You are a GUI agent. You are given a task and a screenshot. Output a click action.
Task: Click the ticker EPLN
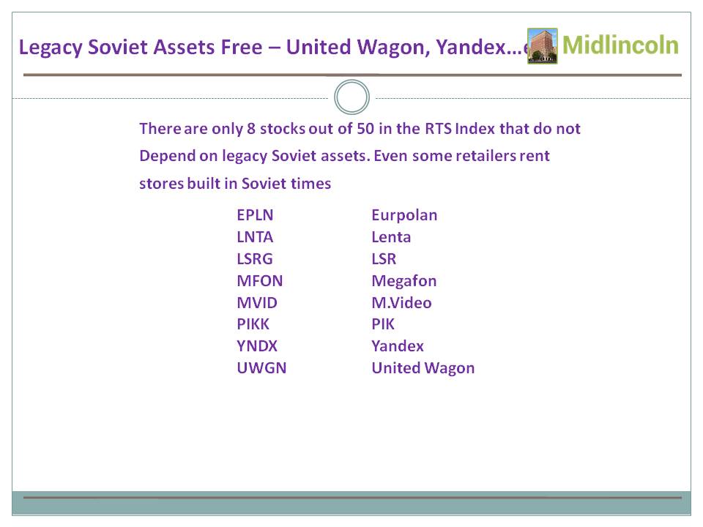click(x=255, y=215)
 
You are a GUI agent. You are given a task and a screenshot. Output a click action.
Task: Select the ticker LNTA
click(x=255, y=237)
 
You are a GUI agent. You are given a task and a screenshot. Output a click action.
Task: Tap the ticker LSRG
click(x=255, y=259)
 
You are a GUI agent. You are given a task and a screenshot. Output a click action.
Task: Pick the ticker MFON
click(x=259, y=281)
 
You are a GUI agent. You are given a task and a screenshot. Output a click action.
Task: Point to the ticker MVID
click(x=257, y=303)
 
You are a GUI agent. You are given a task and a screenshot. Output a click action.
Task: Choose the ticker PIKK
click(x=253, y=324)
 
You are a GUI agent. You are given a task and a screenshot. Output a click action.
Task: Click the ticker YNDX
click(x=257, y=346)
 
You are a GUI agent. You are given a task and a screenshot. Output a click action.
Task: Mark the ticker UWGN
click(x=261, y=368)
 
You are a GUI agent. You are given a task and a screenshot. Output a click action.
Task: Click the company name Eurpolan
click(x=404, y=215)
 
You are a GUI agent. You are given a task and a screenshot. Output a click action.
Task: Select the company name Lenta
click(x=391, y=237)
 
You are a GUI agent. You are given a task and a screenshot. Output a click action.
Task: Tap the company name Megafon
click(x=404, y=281)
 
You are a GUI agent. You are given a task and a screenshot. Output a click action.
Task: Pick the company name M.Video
click(x=401, y=303)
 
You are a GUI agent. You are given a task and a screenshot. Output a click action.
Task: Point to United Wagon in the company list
click(x=423, y=368)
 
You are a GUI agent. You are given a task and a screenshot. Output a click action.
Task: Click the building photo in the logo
click(x=543, y=45)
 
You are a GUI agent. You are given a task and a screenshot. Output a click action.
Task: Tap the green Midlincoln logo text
click(x=620, y=45)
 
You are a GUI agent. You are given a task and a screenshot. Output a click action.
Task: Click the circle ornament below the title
click(x=352, y=81)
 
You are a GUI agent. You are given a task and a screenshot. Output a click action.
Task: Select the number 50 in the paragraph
click(x=365, y=129)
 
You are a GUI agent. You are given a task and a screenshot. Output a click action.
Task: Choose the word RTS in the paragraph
click(x=438, y=129)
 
